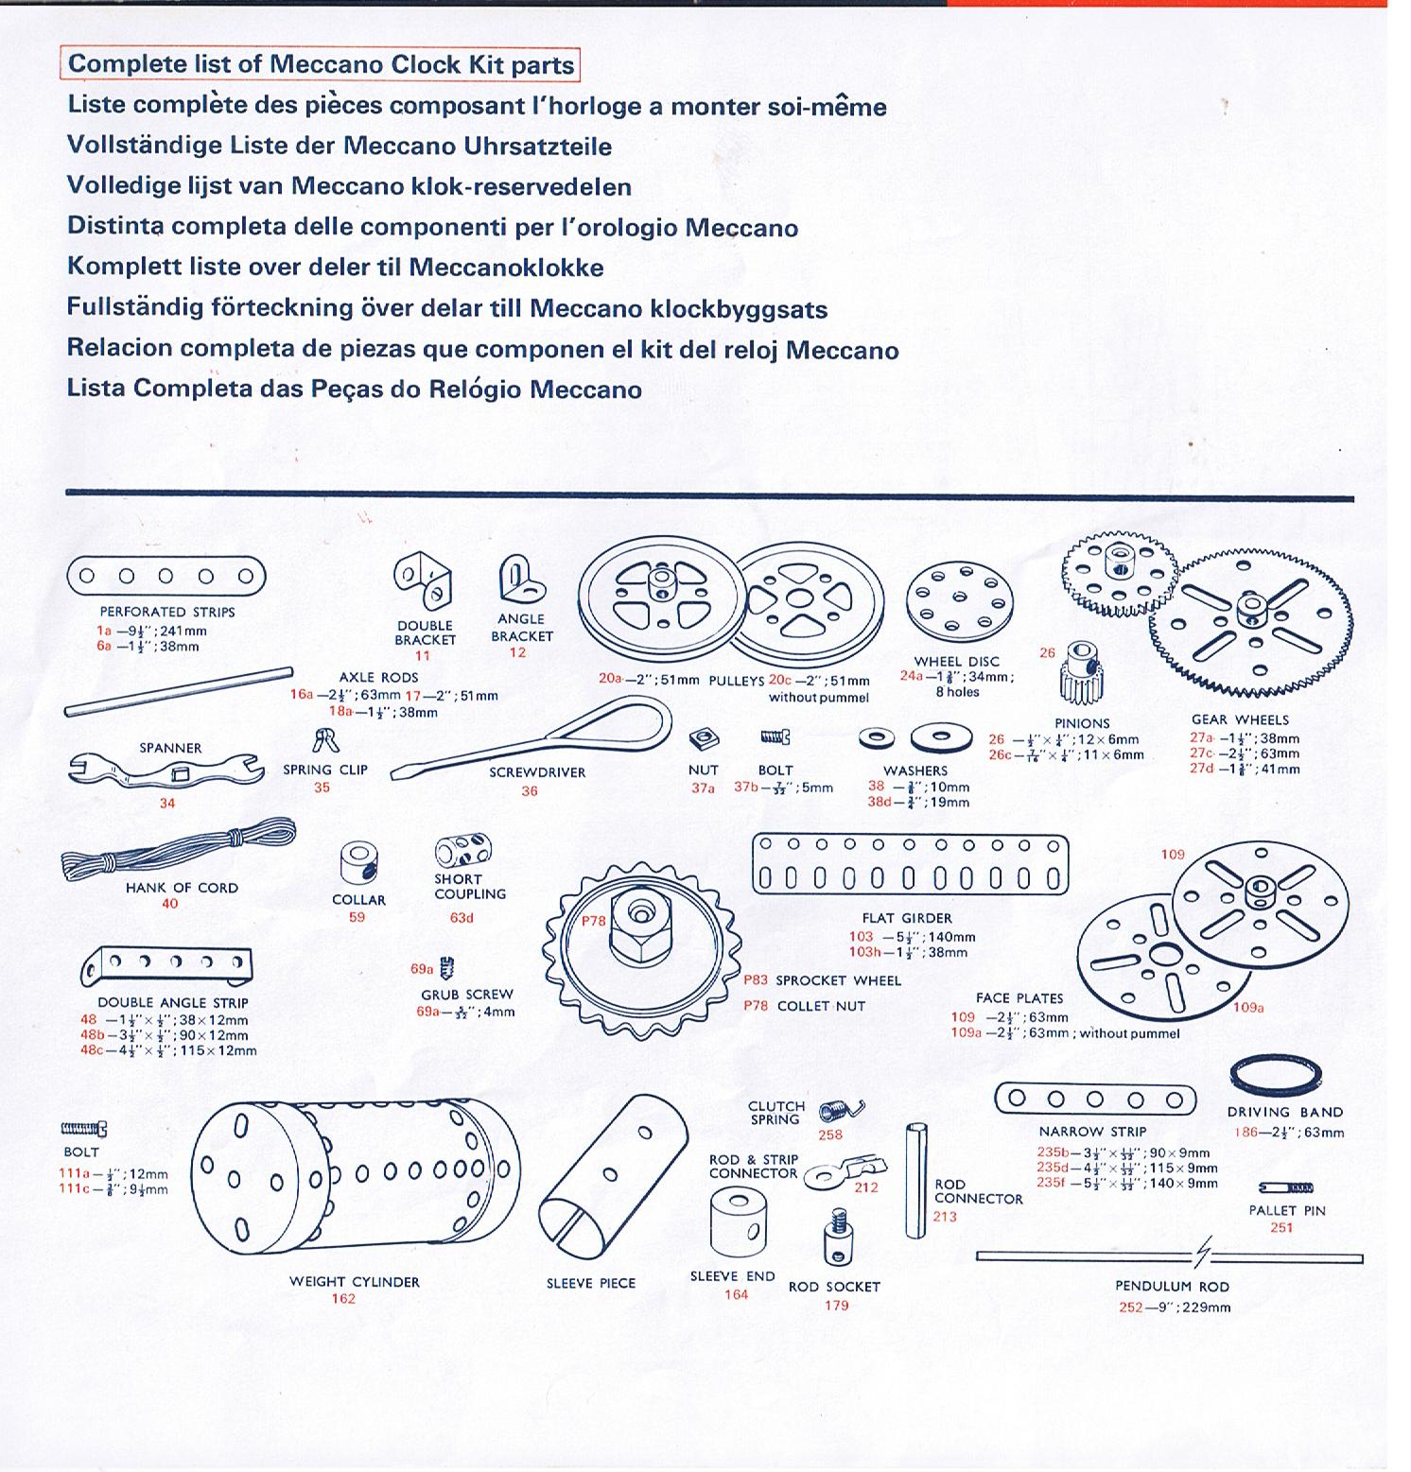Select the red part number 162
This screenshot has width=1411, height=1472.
point(343,1299)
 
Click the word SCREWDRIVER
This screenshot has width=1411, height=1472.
point(537,772)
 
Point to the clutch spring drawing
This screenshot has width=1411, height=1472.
point(840,1111)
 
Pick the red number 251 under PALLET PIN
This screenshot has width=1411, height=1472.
point(1281,1228)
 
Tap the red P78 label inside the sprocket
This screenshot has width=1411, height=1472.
point(593,921)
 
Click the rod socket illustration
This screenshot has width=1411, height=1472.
point(837,1237)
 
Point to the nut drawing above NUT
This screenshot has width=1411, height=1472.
point(702,738)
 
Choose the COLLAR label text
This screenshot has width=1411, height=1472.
point(358,900)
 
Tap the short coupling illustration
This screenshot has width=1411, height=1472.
point(462,850)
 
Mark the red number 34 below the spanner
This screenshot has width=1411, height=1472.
point(167,804)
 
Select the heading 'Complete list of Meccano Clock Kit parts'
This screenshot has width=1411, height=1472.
point(321,64)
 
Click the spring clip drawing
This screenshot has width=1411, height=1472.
point(325,740)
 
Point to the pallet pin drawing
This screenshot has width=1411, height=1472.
point(1285,1187)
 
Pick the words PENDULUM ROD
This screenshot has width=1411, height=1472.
point(1173,1287)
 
